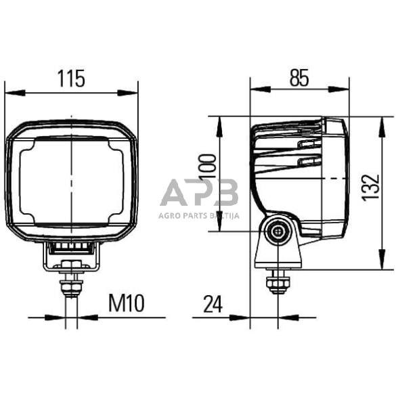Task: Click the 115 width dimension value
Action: [x=70, y=79]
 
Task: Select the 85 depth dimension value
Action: [x=298, y=79]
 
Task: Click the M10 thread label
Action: [x=127, y=303]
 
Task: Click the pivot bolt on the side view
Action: [x=278, y=231]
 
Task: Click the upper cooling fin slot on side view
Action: [x=308, y=143]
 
